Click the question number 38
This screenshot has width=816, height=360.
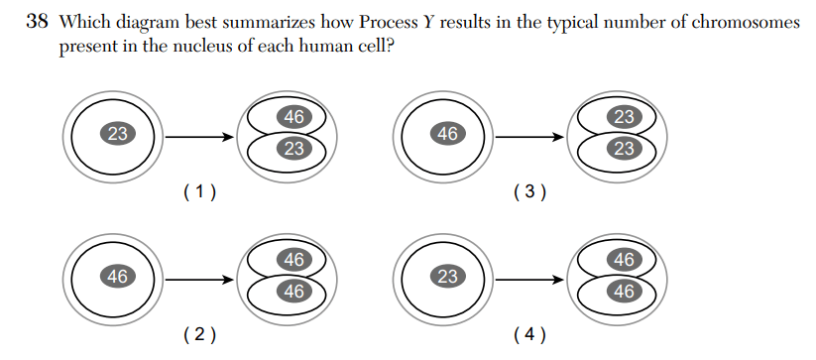[x=37, y=23]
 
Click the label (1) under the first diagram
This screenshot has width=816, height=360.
[x=200, y=192]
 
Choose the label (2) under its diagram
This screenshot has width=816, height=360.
[x=200, y=335]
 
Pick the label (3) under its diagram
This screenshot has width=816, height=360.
[x=529, y=192]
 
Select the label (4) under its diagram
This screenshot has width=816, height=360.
[x=529, y=335]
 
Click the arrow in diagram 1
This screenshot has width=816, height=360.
[x=199, y=137]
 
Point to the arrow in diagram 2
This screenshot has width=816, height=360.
[x=199, y=280]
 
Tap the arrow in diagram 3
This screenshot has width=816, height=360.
[x=529, y=137]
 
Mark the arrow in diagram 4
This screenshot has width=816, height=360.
[x=529, y=280]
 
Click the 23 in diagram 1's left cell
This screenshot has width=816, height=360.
[x=118, y=134]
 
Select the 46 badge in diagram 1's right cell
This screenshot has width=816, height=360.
[x=294, y=117]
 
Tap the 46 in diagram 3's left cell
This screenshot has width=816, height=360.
[x=447, y=134]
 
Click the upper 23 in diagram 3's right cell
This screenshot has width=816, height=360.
[x=624, y=117]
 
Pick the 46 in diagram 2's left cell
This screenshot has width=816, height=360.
[x=118, y=277]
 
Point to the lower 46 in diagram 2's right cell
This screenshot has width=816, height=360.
[x=294, y=292]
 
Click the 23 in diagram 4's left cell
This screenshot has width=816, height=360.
[x=447, y=277]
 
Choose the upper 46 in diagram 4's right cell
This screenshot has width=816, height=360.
[x=624, y=259]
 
